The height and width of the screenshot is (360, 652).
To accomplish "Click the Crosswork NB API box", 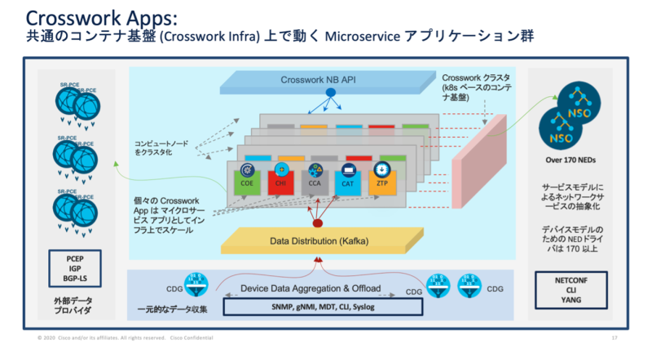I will pyautogui.click(x=330, y=81).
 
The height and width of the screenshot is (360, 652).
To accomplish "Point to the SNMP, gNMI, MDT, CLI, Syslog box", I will pyautogui.click(x=324, y=307).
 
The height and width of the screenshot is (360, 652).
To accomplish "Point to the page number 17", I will pyautogui.click(x=613, y=337).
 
